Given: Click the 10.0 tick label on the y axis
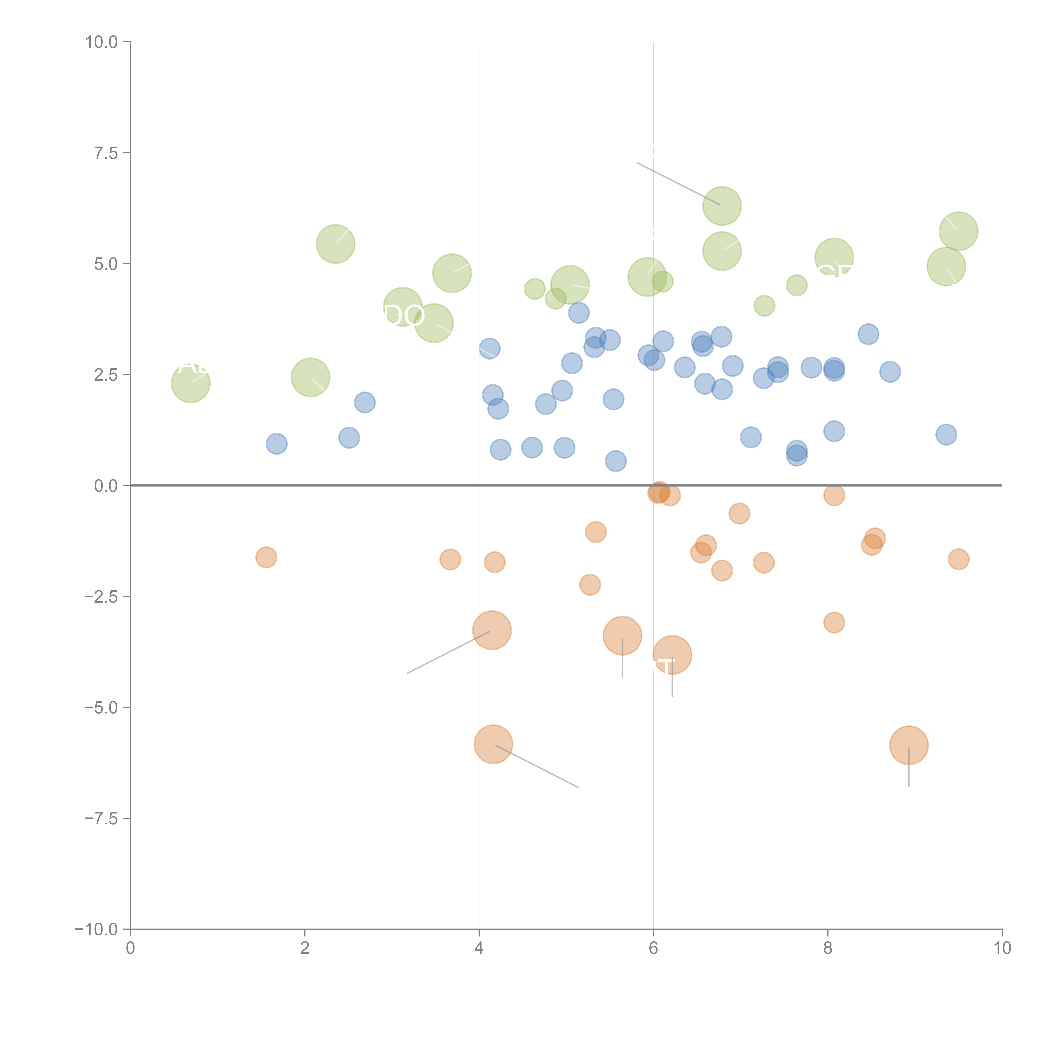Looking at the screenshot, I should click(102, 42).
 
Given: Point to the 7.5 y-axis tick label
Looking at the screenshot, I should click(106, 153).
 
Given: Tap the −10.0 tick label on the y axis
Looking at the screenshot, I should click(96, 929).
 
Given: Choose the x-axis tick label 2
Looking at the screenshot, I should click(305, 948).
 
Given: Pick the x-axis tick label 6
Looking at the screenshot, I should click(653, 948).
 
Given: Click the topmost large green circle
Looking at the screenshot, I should click(722, 206).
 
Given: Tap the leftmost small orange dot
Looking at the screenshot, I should click(266, 557).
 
